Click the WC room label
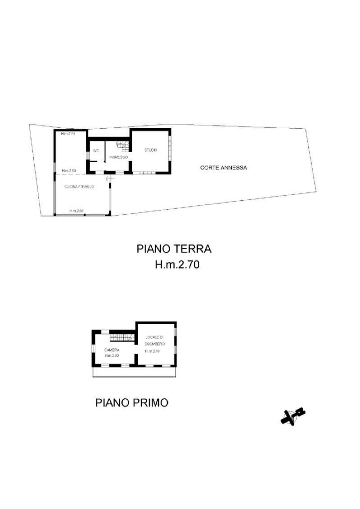[x=96, y=151]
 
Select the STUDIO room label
[x=151, y=150]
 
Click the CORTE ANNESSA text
[x=224, y=167]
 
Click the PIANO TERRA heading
[x=174, y=249]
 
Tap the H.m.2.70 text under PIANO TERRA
[x=177, y=265]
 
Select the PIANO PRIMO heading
[x=132, y=402]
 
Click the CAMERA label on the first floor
[x=112, y=350]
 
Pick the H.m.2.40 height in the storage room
[x=152, y=351]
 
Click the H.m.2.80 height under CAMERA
[x=111, y=356]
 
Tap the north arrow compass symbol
[x=293, y=416]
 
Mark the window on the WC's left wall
[x=87, y=156]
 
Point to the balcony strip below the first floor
[x=135, y=372]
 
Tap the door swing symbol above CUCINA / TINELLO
[x=109, y=179]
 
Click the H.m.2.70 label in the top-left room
[x=68, y=134]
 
